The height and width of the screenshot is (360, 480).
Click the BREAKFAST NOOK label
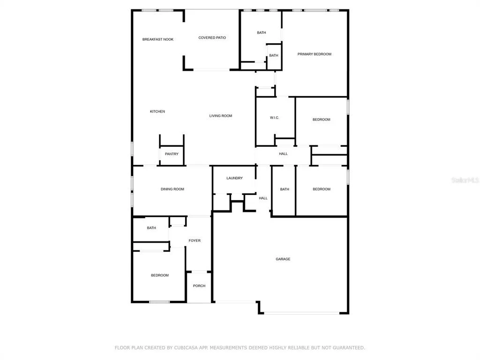(x=157, y=39)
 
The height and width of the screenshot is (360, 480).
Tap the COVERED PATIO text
(x=212, y=37)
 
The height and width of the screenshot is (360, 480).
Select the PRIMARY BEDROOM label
(x=315, y=54)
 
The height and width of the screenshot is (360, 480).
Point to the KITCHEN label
(x=157, y=112)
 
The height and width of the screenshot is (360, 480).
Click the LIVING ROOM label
(x=221, y=116)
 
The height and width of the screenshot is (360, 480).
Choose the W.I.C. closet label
(x=274, y=118)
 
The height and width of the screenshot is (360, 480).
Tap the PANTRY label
(x=172, y=154)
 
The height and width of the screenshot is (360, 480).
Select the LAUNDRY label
(x=234, y=178)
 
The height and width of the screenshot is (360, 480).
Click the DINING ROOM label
(x=172, y=189)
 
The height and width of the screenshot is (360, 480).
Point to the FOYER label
(x=195, y=240)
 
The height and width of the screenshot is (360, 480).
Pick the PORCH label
(x=199, y=286)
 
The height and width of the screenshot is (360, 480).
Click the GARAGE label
(x=283, y=259)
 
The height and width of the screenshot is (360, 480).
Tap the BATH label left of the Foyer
(x=151, y=228)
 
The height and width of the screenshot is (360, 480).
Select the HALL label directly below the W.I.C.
(x=283, y=154)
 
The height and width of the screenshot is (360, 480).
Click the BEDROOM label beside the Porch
(x=160, y=275)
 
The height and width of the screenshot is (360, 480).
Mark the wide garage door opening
(x=302, y=313)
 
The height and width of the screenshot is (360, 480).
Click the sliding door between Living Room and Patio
(x=211, y=70)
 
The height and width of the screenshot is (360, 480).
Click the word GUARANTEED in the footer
(x=349, y=348)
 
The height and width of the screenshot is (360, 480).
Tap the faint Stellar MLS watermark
(x=465, y=180)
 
